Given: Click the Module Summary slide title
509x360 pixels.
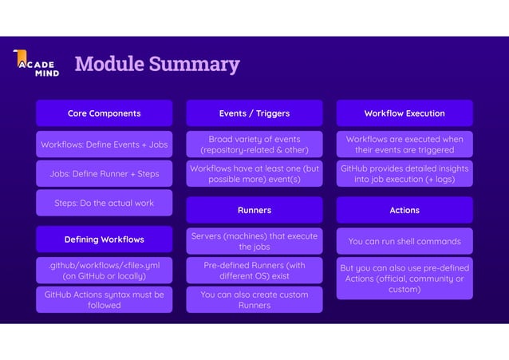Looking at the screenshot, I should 156,64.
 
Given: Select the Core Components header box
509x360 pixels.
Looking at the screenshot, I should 104,113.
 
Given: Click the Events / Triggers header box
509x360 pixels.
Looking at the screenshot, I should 254,113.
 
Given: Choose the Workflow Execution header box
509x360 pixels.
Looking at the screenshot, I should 404,113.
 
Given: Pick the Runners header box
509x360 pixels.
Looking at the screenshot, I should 254,210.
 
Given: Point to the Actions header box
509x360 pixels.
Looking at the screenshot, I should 404,210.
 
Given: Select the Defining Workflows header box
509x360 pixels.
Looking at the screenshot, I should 104,239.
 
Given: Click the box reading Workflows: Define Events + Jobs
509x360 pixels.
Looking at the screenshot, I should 104,144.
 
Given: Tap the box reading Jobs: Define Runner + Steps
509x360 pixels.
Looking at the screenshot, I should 104,173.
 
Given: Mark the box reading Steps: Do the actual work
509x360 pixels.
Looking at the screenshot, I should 104,203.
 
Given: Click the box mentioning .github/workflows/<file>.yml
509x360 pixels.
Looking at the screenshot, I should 104,270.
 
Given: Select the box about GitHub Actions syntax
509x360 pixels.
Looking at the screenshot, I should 104,299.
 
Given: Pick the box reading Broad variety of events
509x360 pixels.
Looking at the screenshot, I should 254,144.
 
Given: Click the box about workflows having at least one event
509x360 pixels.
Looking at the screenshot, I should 254,173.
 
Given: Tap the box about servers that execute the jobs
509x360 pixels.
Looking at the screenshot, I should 254,241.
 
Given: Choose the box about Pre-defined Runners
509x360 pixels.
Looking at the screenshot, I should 254,271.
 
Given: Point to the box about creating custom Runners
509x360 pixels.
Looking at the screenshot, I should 254,299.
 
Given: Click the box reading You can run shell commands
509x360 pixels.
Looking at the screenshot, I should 404,241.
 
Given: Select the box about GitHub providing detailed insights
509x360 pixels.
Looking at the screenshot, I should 404,173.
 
